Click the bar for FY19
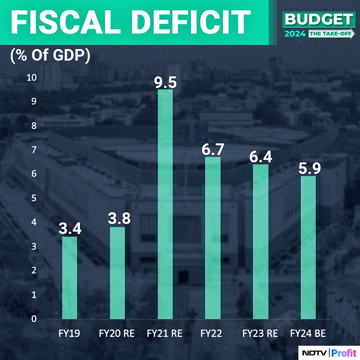click(70, 277)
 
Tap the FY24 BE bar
click(308, 247)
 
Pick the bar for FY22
click(213, 238)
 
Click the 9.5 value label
click(165, 82)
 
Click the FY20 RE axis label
click(117, 334)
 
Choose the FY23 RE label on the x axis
click(260, 334)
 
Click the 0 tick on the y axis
click(34, 319)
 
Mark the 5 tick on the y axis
click(34, 198)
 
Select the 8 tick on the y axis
click(34, 126)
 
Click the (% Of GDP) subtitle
click(50, 56)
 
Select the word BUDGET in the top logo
click(319, 20)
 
